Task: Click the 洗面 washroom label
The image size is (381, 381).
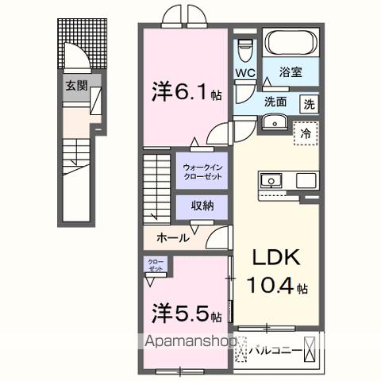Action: pos(276,102)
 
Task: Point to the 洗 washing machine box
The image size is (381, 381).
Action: pos(309,104)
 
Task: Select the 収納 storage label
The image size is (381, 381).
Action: pos(202,206)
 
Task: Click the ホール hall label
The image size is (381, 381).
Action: pos(172,237)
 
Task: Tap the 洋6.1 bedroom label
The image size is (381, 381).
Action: pos(185,93)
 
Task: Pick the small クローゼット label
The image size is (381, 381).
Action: pos(155,265)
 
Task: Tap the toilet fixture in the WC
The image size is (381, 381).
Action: pos(245,48)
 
